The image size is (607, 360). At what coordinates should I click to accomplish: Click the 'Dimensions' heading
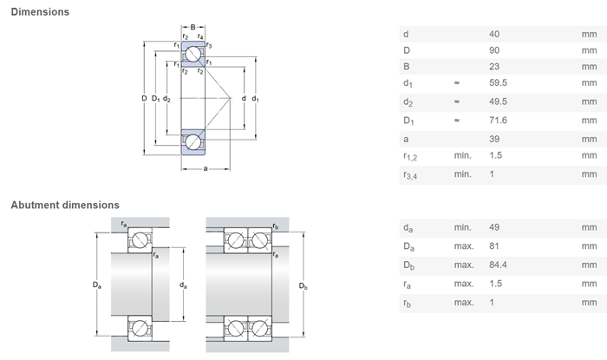40,12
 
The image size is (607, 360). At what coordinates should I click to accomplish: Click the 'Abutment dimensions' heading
65,205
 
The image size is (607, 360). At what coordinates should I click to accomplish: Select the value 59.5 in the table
498,82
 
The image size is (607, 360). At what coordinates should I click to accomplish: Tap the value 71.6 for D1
498,121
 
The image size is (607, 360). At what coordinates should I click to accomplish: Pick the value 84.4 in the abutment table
498,265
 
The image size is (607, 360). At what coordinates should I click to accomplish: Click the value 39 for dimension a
494,139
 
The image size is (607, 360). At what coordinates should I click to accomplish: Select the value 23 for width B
494,67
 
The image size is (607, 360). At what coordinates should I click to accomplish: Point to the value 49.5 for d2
498,101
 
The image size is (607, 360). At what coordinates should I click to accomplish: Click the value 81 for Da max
494,245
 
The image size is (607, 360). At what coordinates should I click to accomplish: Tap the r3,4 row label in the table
410,175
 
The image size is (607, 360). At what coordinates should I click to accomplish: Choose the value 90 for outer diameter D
494,50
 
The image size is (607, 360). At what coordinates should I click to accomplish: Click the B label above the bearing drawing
193,27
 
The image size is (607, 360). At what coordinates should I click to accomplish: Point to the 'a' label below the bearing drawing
206,168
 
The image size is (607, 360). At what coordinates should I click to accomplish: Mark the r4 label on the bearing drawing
200,36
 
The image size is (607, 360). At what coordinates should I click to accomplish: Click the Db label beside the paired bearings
303,286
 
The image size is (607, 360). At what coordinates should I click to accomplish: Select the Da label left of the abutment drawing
96,285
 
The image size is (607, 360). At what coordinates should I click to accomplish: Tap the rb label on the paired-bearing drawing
275,226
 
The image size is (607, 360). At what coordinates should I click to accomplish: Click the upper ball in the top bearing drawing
193,54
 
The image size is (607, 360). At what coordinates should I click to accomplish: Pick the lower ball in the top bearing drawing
193,142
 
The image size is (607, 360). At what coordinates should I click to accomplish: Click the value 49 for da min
494,227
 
